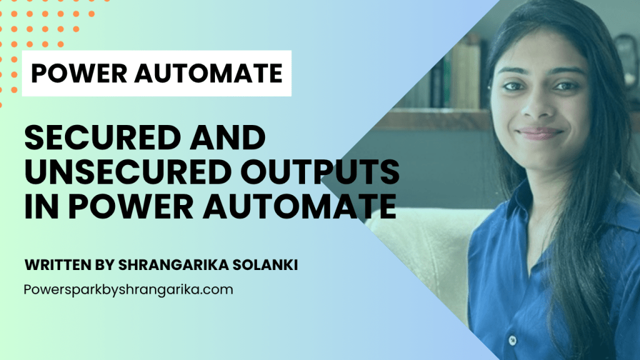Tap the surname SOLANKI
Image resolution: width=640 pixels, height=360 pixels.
266,265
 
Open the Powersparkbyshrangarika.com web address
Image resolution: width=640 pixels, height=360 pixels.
128,290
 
